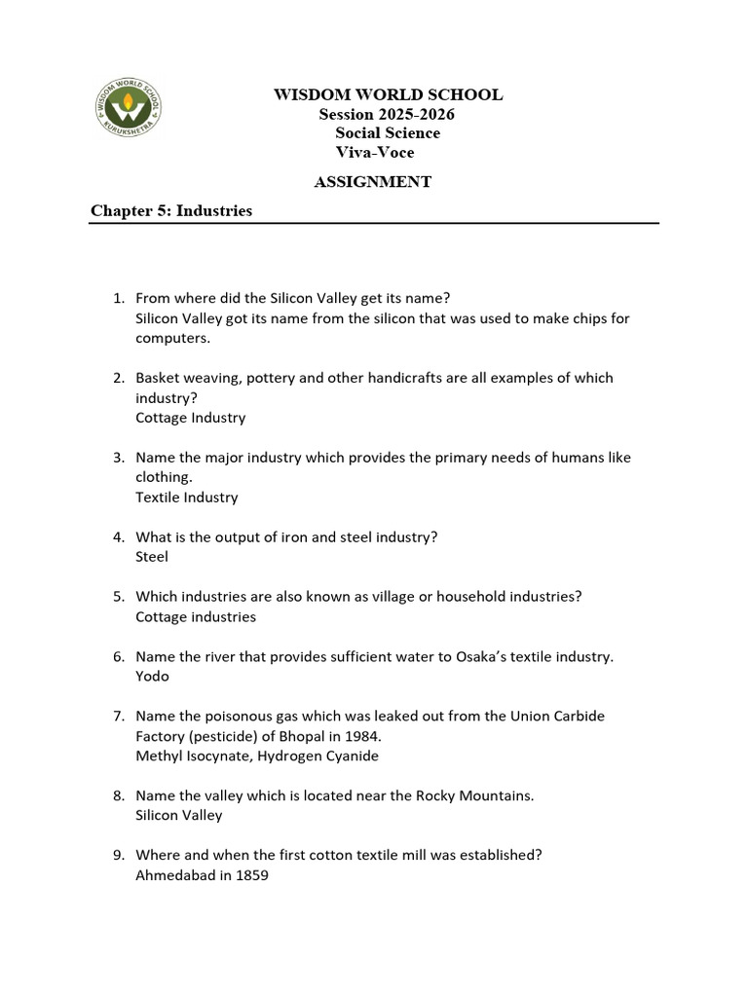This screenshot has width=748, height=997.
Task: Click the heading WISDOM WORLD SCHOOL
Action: pyautogui.click(x=388, y=94)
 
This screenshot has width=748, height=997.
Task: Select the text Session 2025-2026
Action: pyautogui.click(x=387, y=114)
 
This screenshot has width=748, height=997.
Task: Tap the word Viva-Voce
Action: pyautogui.click(x=375, y=152)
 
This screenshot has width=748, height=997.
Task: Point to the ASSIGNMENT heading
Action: pyautogui.click(x=372, y=181)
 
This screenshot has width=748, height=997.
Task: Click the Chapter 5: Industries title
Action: pyautogui.click(x=171, y=210)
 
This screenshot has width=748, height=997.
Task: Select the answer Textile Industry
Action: pyautogui.click(x=186, y=497)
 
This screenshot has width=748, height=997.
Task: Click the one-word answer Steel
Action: pyautogui.click(x=152, y=556)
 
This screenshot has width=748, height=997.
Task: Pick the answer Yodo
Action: pyautogui.click(x=152, y=676)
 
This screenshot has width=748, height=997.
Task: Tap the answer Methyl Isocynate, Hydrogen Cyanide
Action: pyautogui.click(x=257, y=756)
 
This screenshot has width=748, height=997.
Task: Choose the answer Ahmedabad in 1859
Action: pyautogui.click(x=202, y=874)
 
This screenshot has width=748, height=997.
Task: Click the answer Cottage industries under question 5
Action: pyautogui.click(x=196, y=616)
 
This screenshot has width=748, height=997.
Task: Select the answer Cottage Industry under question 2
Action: pyautogui.click(x=191, y=417)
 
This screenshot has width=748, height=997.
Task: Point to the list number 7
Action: pyautogui.click(x=117, y=716)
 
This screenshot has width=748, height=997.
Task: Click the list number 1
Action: pyautogui.click(x=117, y=297)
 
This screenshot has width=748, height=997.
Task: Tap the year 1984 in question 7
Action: pyautogui.click(x=350, y=735)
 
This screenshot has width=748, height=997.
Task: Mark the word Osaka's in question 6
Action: pyautogui.click(x=481, y=656)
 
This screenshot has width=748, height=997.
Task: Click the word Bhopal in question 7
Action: pyautogui.click(x=298, y=735)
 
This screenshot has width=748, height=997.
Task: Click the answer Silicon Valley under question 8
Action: pyautogui.click(x=179, y=815)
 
